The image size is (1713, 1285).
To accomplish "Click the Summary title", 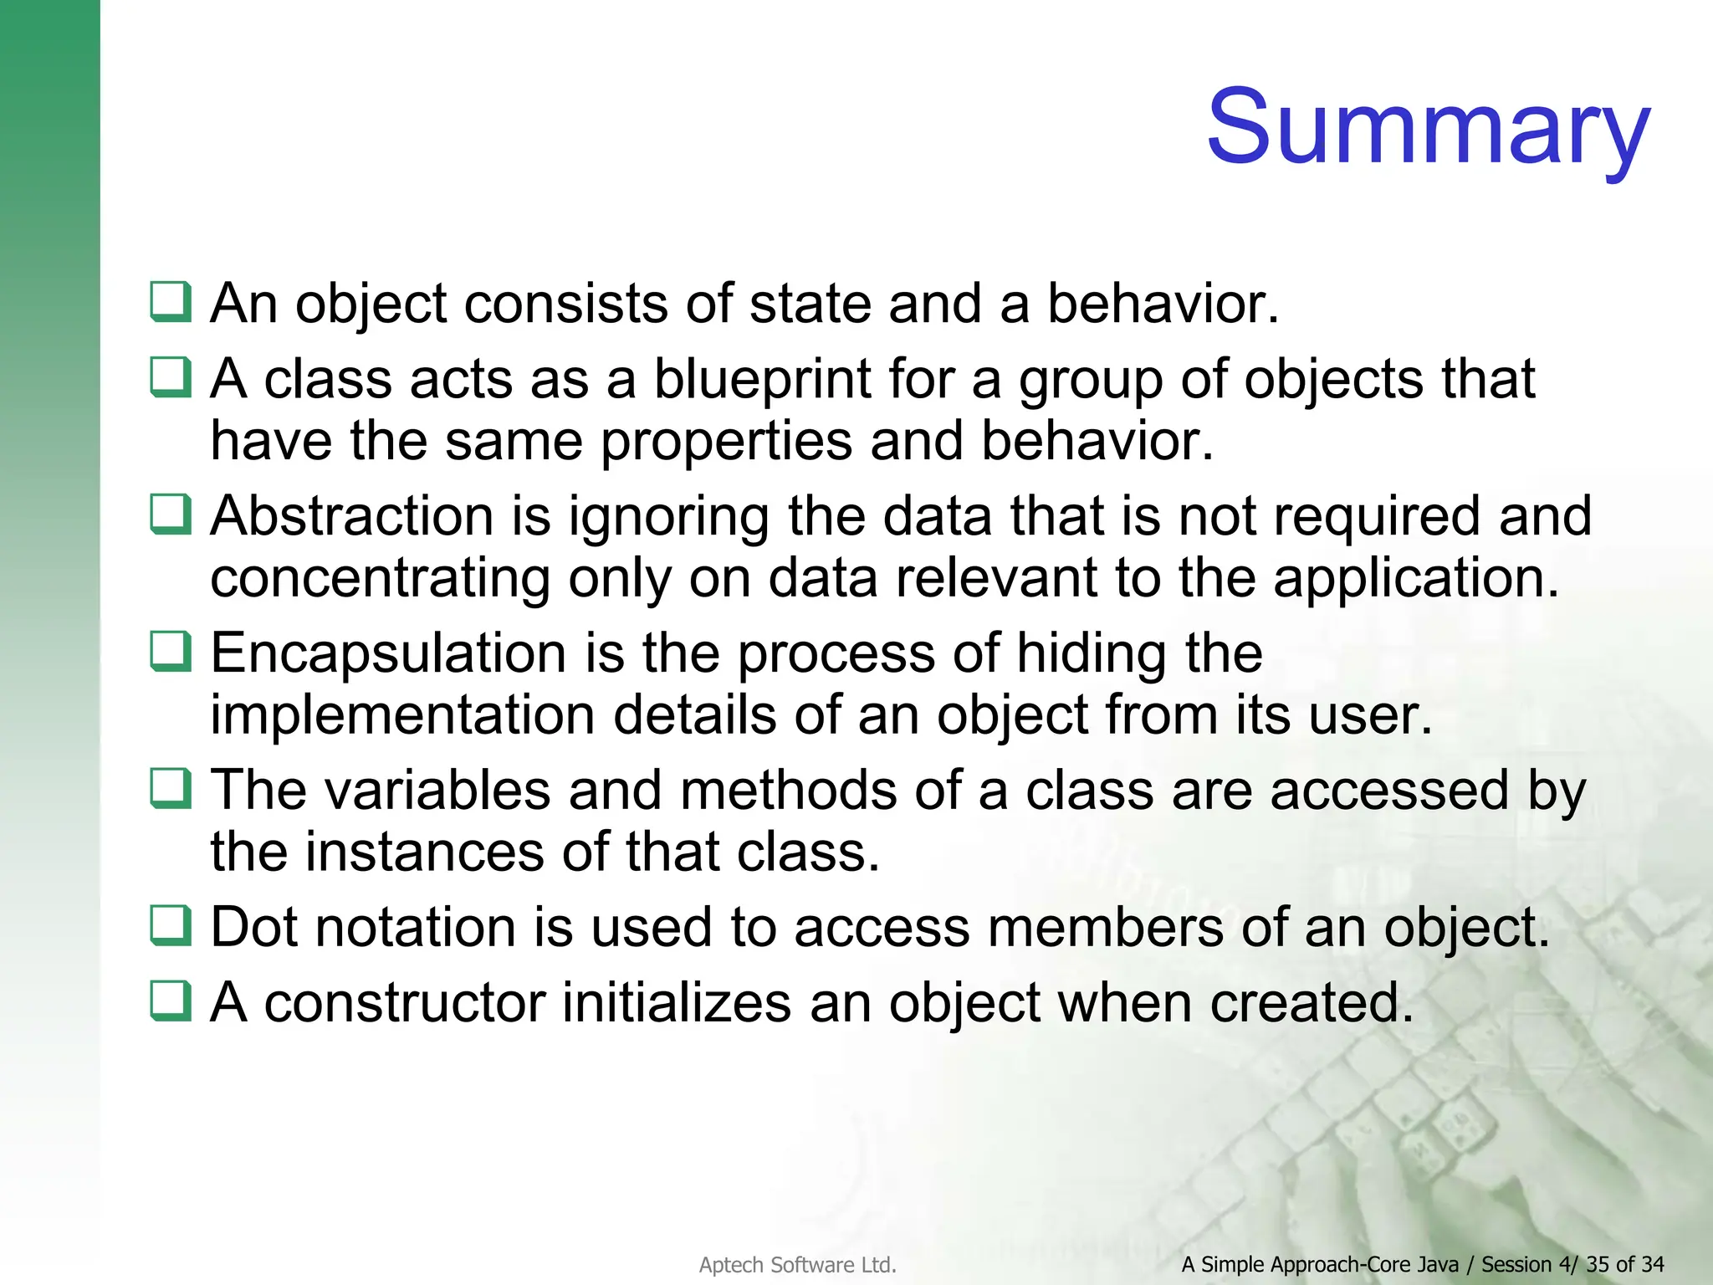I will click(1427, 127).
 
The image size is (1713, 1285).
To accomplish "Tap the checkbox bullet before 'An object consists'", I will click(171, 302).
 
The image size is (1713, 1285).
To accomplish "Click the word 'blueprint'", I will click(762, 380).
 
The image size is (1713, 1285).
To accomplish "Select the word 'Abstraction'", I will click(352, 516).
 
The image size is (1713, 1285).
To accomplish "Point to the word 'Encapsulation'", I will click(388, 653).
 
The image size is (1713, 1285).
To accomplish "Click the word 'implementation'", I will click(401, 715).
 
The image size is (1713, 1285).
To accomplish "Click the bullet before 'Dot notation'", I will click(171, 926).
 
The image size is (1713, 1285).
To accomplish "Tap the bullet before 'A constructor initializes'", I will click(171, 1001).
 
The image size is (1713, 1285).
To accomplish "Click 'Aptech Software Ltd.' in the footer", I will click(797, 1265).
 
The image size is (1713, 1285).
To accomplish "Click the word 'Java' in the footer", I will click(1436, 1265).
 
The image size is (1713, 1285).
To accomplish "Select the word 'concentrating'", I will click(380, 578).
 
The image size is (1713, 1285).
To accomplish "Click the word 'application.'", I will click(1416, 578).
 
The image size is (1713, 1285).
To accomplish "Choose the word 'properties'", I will click(726, 441).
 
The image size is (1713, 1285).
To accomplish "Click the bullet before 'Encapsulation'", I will click(171, 652).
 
